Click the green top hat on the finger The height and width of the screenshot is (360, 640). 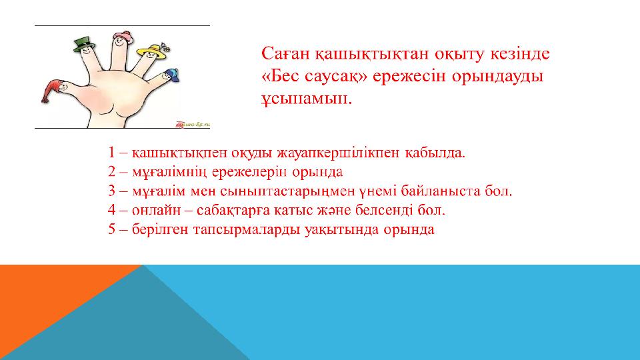tap(85, 44)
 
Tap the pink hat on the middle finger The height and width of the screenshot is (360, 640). tap(122, 35)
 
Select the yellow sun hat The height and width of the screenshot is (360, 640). tap(152, 51)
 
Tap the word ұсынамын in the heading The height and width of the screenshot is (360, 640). tap(306, 99)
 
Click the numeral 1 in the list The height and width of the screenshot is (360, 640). tap(112, 152)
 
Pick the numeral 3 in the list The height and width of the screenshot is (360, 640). tap(112, 191)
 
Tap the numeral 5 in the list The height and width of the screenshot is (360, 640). tap(112, 229)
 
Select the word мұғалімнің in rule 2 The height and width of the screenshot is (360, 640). tap(170, 172)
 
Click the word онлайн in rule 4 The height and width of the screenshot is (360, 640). tap(156, 210)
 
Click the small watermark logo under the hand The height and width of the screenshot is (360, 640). tap(193, 124)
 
